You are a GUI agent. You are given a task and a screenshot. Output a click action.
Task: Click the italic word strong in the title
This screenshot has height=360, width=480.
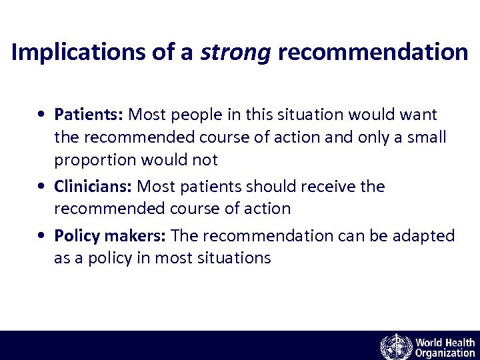(x=236, y=52)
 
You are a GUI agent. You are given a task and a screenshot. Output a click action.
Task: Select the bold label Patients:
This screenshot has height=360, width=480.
(x=89, y=115)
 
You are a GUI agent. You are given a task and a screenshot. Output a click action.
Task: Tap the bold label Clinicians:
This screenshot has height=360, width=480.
(x=93, y=186)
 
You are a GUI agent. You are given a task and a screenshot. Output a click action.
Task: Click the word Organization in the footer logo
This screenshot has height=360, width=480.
(x=445, y=353)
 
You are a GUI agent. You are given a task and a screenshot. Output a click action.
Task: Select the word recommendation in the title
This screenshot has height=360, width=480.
(x=373, y=52)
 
